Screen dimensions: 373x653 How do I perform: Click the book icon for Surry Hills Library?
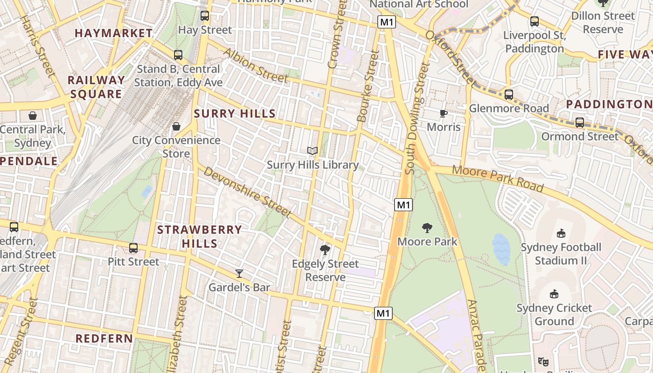[x=313, y=151]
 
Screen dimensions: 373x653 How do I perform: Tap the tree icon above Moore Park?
[x=427, y=228]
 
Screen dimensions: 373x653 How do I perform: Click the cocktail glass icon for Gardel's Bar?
[x=239, y=274]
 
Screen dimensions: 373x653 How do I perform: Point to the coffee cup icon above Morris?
[x=444, y=113]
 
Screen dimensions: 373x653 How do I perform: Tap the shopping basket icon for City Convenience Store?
[x=176, y=126]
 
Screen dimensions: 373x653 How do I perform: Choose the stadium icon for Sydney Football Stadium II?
[x=561, y=234]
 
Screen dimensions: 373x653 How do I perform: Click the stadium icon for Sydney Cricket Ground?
[x=554, y=294]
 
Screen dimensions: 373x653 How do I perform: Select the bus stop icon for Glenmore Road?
[x=509, y=95]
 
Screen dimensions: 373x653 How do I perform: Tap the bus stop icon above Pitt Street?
[x=133, y=248]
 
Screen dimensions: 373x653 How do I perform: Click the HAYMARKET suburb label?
[x=113, y=33]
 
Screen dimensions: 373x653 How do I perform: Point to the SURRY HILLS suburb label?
[x=235, y=114]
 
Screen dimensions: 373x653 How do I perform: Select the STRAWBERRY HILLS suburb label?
[x=200, y=236]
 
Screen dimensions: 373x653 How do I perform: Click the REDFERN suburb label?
[x=104, y=338]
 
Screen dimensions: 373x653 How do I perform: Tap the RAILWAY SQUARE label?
[x=97, y=87]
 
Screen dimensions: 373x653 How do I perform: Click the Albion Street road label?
[x=256, y=65]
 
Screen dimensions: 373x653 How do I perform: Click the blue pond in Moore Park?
[x=501, y=249]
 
